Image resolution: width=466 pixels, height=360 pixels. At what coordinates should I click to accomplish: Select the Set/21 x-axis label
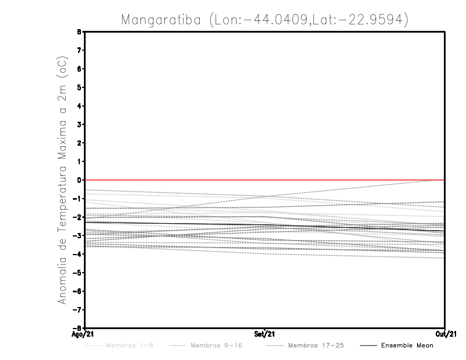(264, 334)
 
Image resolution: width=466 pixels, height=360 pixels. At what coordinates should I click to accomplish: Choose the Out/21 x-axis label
(445, 334)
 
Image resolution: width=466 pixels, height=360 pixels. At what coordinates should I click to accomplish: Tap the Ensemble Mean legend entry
(407, 345)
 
